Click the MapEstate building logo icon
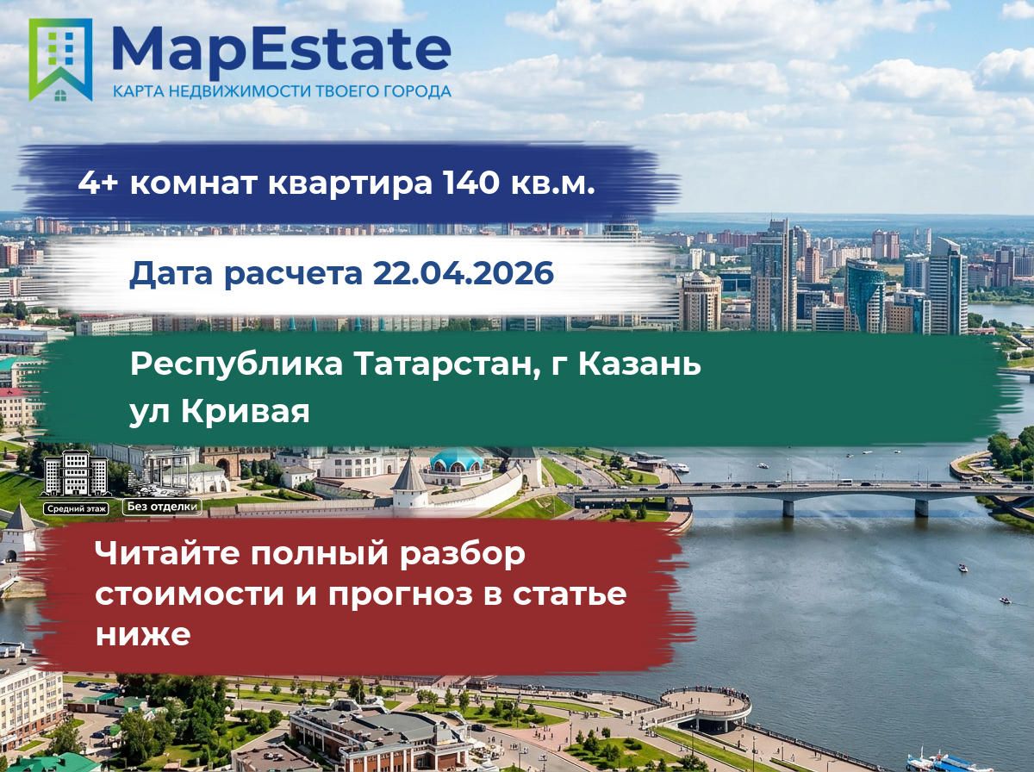[x=60, y=59]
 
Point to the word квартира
[x=350, y=184]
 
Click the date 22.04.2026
[x=463, y=273]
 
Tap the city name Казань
[x=639, y=364]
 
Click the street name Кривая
[x=246, y=411]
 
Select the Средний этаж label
[x=76, y=508]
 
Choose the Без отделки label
[x=162, y=507]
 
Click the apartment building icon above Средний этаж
[x=76, y=474]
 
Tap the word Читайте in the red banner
[x=168, y=552]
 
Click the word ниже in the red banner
[x=143, y=634]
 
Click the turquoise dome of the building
[x=457, y=458]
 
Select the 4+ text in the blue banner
[x=98, y=183]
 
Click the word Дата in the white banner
[x=171, y=274]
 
